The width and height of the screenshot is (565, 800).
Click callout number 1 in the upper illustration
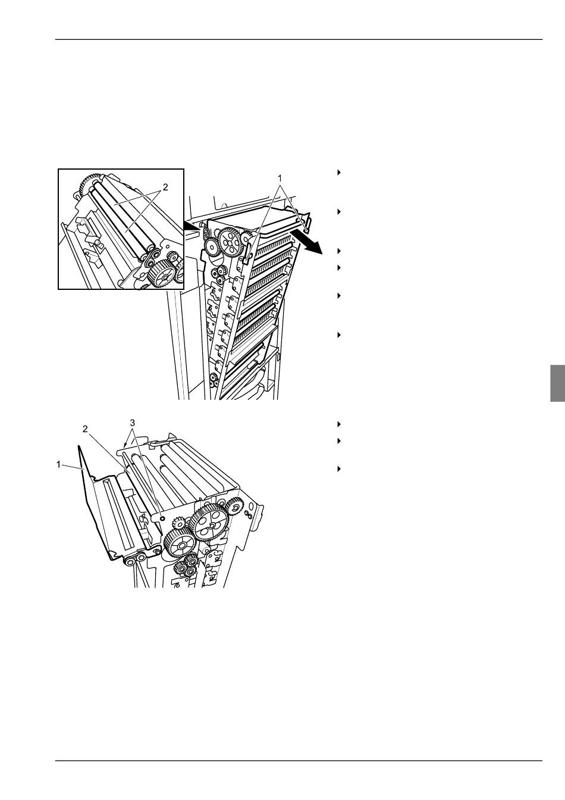(x=280, y=177)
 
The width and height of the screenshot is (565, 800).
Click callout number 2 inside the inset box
(x=165, y=187)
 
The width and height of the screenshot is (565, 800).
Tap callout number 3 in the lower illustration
(x=133, y=423)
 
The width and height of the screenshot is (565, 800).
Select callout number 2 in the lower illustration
(x=85, y=429)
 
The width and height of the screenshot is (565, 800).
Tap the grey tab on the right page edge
(x=557, y=383)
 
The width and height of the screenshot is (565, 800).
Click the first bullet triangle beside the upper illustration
(x=339, y=173)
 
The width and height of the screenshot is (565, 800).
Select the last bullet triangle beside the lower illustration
(x=339, y=468)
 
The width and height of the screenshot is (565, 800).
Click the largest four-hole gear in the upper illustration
(x=229, y=243)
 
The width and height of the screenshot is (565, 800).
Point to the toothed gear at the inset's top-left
(x=84, y=183)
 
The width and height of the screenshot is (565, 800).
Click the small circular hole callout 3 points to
(x=162, y=517)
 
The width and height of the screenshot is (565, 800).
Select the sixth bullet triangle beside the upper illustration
(x=339, y=335)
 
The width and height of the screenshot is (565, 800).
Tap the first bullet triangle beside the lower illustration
(x=339, y=424)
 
